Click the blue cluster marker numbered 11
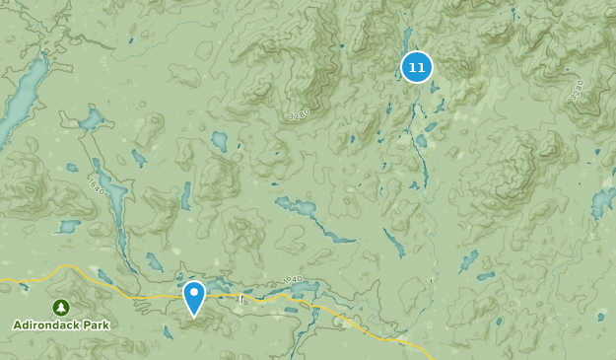pos(417,67)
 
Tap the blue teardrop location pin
pos(194,296)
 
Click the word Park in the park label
pos(97,324)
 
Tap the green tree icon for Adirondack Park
pos(61,307)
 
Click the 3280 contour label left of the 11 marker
pos(299,113)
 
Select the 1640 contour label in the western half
pos(95,183)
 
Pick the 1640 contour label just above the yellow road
pos(293,280)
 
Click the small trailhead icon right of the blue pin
pos(240,298)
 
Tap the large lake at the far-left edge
pos(22,99)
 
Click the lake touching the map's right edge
pos(603,202)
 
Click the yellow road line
pos(118,293)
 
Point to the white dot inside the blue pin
pos(194,292)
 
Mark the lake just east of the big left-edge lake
pos(91,120)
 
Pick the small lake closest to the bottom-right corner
pos(601,317)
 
